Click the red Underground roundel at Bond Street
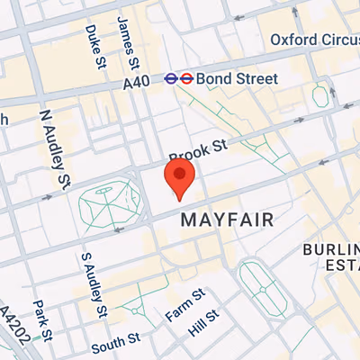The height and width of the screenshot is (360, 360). [185, 78]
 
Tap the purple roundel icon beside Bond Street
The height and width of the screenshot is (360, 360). [170, 78]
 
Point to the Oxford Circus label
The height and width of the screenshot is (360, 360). [314, 40]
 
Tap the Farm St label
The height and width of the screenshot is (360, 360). [184, 303]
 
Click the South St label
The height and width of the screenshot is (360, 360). [114, 344]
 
